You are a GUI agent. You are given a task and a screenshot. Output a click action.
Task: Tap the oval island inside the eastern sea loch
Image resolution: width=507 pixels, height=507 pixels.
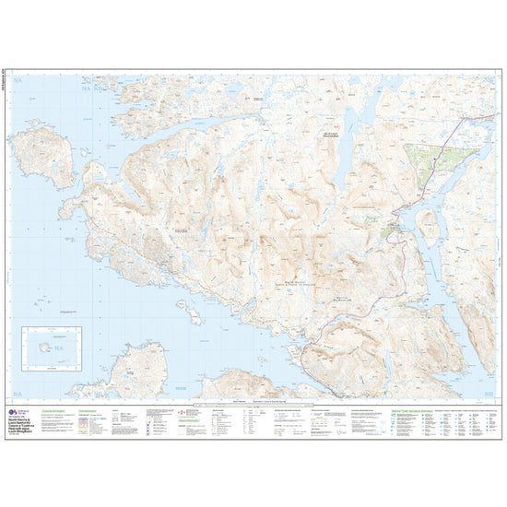click(428, 225)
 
